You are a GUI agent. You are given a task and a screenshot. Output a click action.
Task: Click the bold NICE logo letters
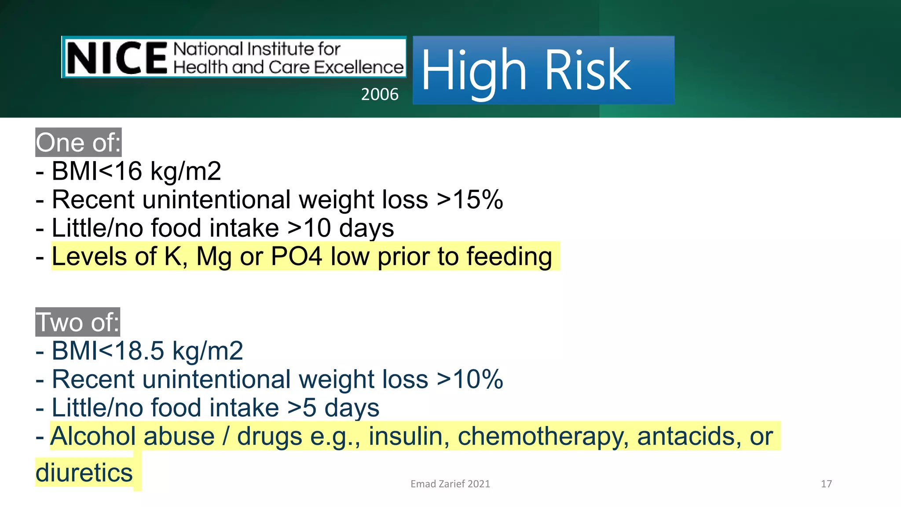117,58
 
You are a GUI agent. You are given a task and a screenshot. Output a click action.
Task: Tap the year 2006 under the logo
379,94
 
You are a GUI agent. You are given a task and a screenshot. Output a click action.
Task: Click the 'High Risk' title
526,70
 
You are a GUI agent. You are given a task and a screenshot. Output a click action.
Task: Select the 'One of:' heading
78,143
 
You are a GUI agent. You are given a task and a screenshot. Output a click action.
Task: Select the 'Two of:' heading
77,322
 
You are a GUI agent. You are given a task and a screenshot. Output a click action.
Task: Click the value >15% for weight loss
470,199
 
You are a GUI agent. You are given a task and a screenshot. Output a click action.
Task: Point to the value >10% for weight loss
470,379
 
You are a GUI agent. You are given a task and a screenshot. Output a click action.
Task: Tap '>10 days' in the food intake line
341,228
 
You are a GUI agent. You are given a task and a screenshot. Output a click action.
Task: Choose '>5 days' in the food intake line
333,408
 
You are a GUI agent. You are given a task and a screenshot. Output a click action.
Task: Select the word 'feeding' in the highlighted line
509,256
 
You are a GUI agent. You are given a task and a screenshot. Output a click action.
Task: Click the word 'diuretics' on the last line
84,473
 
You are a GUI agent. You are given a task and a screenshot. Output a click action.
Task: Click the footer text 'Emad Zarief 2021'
450,484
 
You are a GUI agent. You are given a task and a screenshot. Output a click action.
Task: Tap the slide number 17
826,484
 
